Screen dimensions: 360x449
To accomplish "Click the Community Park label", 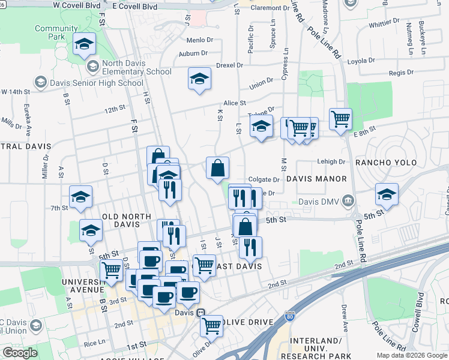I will [56, 32].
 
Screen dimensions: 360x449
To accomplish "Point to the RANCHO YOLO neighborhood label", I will [385, 163].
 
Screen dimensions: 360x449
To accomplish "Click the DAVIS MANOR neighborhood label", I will [316, 179].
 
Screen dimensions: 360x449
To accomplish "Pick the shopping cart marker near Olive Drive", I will [211, 325].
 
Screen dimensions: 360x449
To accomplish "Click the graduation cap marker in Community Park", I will [85, 43].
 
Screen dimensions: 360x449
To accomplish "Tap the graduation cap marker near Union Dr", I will [199, 79].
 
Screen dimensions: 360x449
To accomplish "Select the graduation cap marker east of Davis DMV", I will [387, 194].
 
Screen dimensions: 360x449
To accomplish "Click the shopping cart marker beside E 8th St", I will [340, 118].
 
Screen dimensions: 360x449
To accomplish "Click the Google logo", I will [20, 353].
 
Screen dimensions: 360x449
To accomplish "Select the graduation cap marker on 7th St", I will [80, 197].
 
